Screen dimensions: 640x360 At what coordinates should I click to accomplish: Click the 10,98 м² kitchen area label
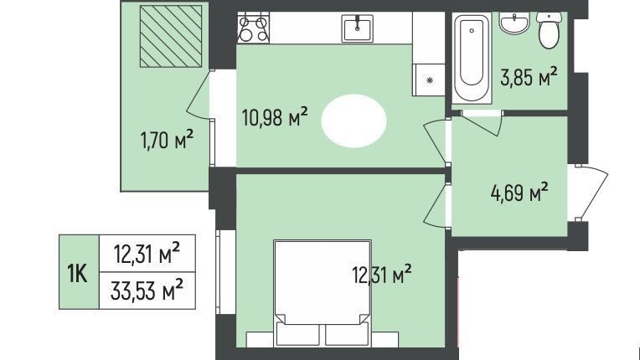275,117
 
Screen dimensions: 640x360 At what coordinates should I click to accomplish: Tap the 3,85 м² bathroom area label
529,77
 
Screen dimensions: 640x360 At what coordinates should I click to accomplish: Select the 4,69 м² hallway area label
519,193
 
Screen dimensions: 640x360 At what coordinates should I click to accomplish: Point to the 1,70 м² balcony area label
167,140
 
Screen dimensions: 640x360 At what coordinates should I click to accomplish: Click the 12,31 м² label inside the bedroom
382,275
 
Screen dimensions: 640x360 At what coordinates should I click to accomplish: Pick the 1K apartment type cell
79,272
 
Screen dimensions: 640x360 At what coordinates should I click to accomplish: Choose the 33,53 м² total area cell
147,291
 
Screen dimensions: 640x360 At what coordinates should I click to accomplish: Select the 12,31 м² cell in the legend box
147,253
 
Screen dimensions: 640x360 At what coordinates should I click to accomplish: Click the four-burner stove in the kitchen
254,28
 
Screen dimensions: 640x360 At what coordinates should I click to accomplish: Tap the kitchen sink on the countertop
358,28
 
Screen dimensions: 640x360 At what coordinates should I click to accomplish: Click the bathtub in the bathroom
472,57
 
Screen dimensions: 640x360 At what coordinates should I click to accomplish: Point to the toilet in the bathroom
549,30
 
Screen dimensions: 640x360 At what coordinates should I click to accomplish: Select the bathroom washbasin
514,23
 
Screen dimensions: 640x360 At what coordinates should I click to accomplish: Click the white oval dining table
354,121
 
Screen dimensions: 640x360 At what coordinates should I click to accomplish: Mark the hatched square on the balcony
171,36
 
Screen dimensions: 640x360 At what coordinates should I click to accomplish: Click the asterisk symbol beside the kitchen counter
430,80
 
